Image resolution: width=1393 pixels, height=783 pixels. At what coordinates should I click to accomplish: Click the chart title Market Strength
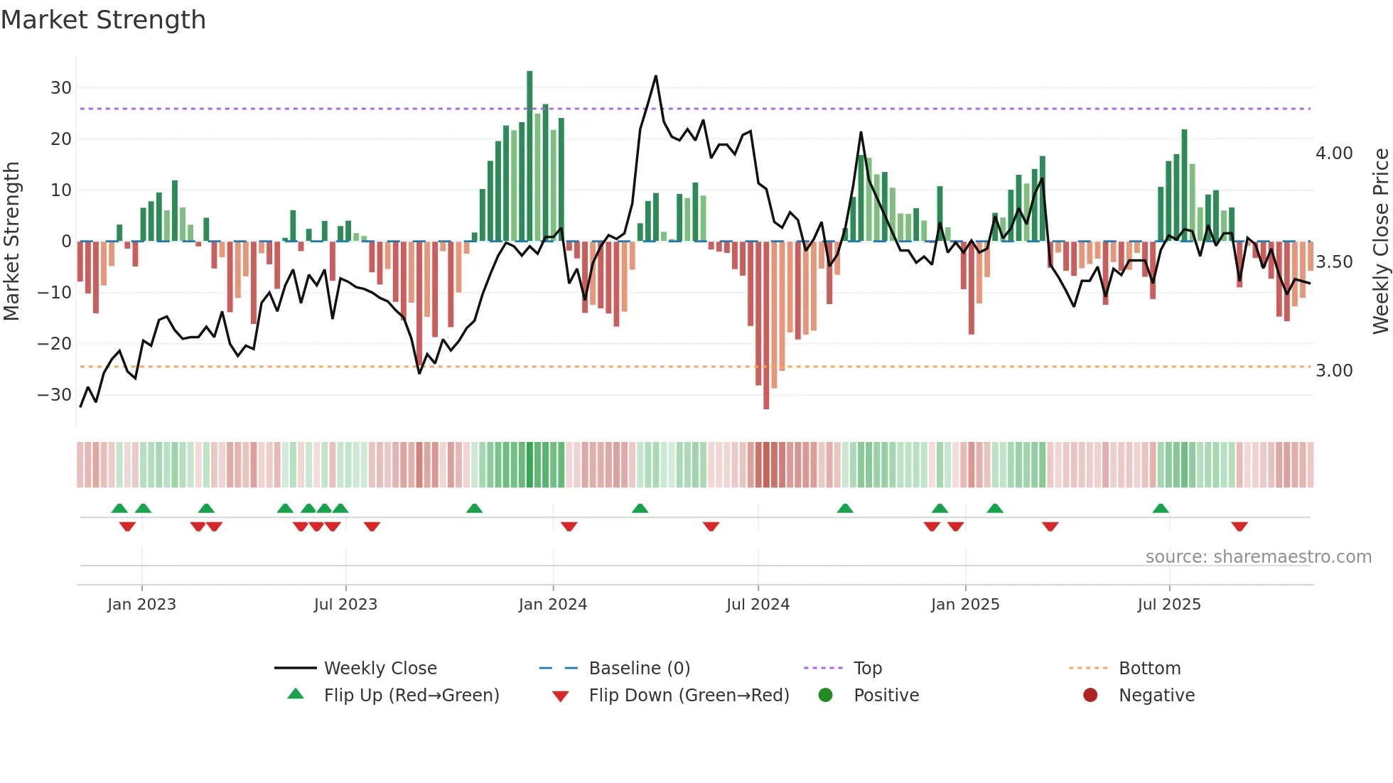click(x=103, y=20)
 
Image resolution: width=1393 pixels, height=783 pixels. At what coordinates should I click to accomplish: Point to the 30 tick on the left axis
click(x=61, y=88)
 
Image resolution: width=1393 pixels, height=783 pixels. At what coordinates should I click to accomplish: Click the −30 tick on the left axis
click(x=55, y=395)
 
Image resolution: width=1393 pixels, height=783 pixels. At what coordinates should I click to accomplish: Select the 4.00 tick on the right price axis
click(x=1334, y=153)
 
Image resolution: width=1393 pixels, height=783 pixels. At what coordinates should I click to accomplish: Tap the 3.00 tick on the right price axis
click(x=1334, y=371)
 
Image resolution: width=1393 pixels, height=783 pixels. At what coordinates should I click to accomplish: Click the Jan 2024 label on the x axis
click(x=552, y=605)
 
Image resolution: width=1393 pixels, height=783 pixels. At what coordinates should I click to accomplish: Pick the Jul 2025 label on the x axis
click(x=1168, y=605)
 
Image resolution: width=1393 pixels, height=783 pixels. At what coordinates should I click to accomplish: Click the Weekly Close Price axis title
click(x=1380, y=242)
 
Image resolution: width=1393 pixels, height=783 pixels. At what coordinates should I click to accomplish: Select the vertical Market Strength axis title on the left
click(x=11, y=242)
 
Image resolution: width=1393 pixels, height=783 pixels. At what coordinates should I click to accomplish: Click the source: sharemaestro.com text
click(x=1258, y=557)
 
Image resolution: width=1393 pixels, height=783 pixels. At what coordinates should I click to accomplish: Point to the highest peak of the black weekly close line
click(x=655, y=76)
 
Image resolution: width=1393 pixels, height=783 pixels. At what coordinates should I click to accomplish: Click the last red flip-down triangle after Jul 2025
click(x=1239, y=526)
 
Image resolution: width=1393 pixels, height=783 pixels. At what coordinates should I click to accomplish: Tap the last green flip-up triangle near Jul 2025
click(x=1161, y=509)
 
